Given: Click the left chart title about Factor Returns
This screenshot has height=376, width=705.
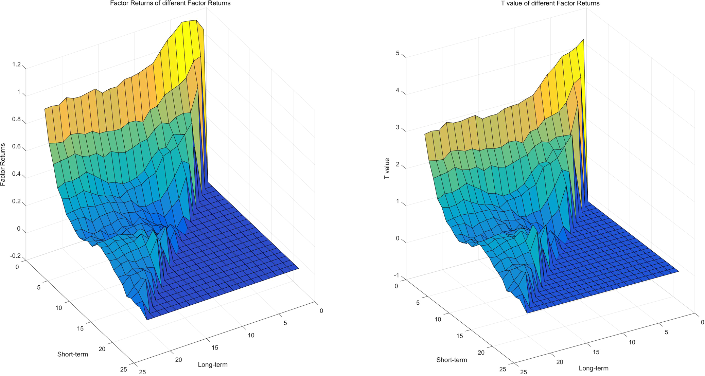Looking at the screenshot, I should coord(170,3).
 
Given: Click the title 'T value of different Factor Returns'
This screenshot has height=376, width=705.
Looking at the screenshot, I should coord(550,3).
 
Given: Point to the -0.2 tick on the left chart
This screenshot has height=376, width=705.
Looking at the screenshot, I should coord(16,256).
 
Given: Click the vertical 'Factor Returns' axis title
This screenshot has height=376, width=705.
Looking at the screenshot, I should coord(3,164).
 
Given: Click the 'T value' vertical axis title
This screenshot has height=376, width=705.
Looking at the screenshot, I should coord(387,169).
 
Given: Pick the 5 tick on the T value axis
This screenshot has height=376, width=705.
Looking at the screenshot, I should coord(398,54).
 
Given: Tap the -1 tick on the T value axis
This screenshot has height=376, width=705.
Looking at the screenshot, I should coord(396,275).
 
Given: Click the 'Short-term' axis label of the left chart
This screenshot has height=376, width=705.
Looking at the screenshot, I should coord(72,355).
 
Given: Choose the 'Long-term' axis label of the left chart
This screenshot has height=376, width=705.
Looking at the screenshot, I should coord(213,365).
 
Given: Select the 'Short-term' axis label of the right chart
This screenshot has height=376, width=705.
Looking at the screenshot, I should coord(452,360).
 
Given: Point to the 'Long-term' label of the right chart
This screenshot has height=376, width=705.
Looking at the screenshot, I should coord(594,368).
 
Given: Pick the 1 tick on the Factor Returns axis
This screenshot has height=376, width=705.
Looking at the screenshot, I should coord(19,92).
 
